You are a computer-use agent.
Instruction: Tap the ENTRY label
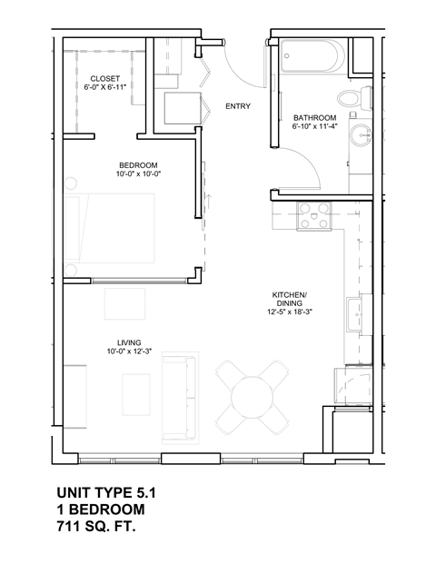[x=238, y=106]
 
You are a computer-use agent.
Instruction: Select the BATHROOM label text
[x=314, y=118]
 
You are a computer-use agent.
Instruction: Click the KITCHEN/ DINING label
[x=290, y=301]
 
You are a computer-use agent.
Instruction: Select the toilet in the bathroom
[x=349, y=97]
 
